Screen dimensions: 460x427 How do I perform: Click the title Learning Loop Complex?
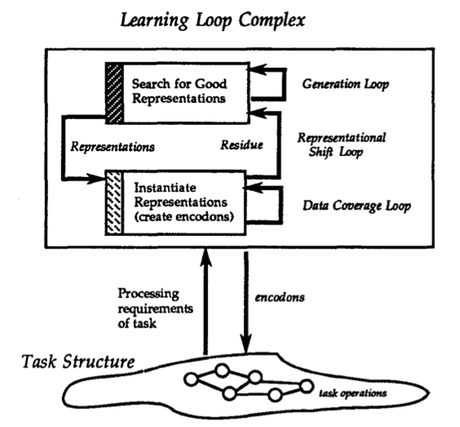pyautogui.click(x=213, y=20)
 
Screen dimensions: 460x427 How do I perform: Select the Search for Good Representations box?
pyautogui.click(x=178, y=93)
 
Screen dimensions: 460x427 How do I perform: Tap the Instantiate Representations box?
pyautogui.click(x=175, y=202)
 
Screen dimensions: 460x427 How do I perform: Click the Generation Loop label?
pyautogui.click(x=346, y=84)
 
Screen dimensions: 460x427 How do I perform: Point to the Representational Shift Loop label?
pyautogui.click(x=342, y=145)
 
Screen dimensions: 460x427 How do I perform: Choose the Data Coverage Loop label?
pyautogui.click(x=356, y=206)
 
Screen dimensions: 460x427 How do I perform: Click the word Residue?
pyautogui.click(x=241, y=145)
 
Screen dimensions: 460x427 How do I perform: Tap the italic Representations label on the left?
pyautogui.click(x=113, y=147)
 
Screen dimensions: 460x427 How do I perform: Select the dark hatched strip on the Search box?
pyautogui.click(x=114, y=93)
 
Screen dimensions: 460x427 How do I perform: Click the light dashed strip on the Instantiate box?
pyautogui.click(x=114, y=202)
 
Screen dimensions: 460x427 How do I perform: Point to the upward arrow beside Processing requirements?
pyautogui.click(x=206, y=301)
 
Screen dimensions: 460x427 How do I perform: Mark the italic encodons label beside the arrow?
pyautogui.click(x=280, y=297)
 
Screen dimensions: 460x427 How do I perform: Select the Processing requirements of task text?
pyautogui.click(x=156, y=309)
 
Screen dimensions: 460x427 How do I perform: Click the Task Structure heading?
pyautogui.click(x=78, y=362)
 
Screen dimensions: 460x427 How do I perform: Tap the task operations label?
pyautogui.click(x=353, y=394)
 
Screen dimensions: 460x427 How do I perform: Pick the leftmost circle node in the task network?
pyautogui.click(x=192, y=379)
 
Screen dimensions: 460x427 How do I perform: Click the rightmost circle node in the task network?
pyautogui.click(x=307, y=386)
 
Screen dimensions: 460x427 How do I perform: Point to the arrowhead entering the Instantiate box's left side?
pyautogui.click(x=96, y=178)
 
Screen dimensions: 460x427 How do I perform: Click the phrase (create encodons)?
pyautogui.click(x=184, y=217)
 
